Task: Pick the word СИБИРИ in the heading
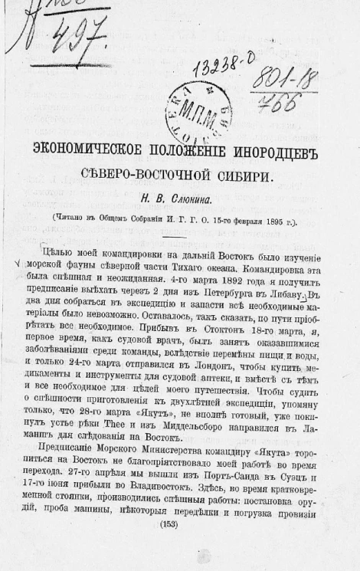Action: click(244, 173)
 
